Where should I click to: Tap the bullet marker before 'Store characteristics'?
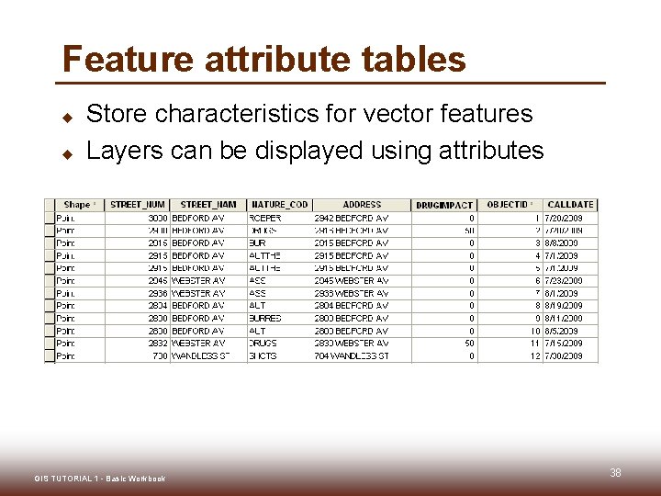click(x=67, y=117)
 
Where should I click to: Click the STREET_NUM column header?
click(x=137, y=205)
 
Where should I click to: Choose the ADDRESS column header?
click(x=362, y=205)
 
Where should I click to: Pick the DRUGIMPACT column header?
click(x=444, y=205)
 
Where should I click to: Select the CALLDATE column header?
click(x=570, y=205)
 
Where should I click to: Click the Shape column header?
click(x=77, y=205)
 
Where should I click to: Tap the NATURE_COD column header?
click(x=279, y=205)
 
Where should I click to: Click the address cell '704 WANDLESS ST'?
click(x=351, y=355)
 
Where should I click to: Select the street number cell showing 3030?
click(x=157, y=219)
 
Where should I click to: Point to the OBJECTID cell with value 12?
click(x=533, y=355)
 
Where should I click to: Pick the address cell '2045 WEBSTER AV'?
click(x=351, y=281)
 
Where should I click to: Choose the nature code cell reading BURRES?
click(x=265, y=318)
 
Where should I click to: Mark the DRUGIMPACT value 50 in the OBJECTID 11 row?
click(x=468, y=344)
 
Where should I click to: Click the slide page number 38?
click(x=615, y=473)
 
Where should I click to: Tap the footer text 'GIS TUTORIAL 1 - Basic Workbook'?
click(x=99, y=479)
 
